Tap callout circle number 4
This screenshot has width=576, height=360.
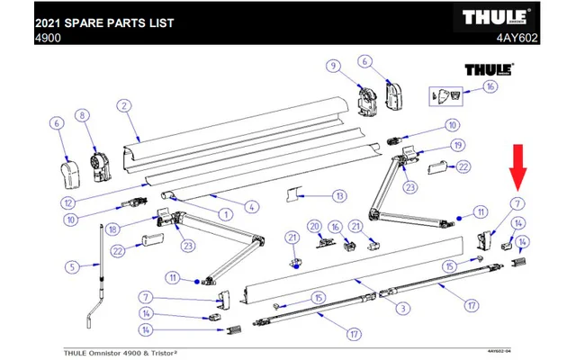click(x=252, y=207)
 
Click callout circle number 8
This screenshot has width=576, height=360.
click(x=82, y=115)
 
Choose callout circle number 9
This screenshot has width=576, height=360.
click(x=333, y=66)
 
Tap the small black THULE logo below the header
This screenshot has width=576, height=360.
click(x=488, y=69)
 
